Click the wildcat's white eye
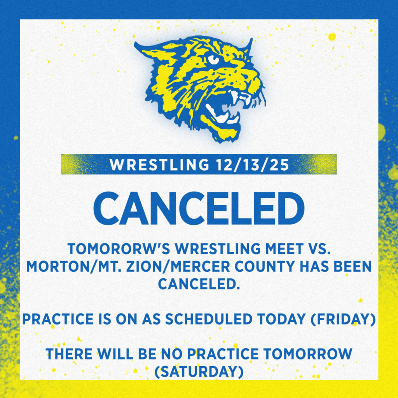click(213, 59)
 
